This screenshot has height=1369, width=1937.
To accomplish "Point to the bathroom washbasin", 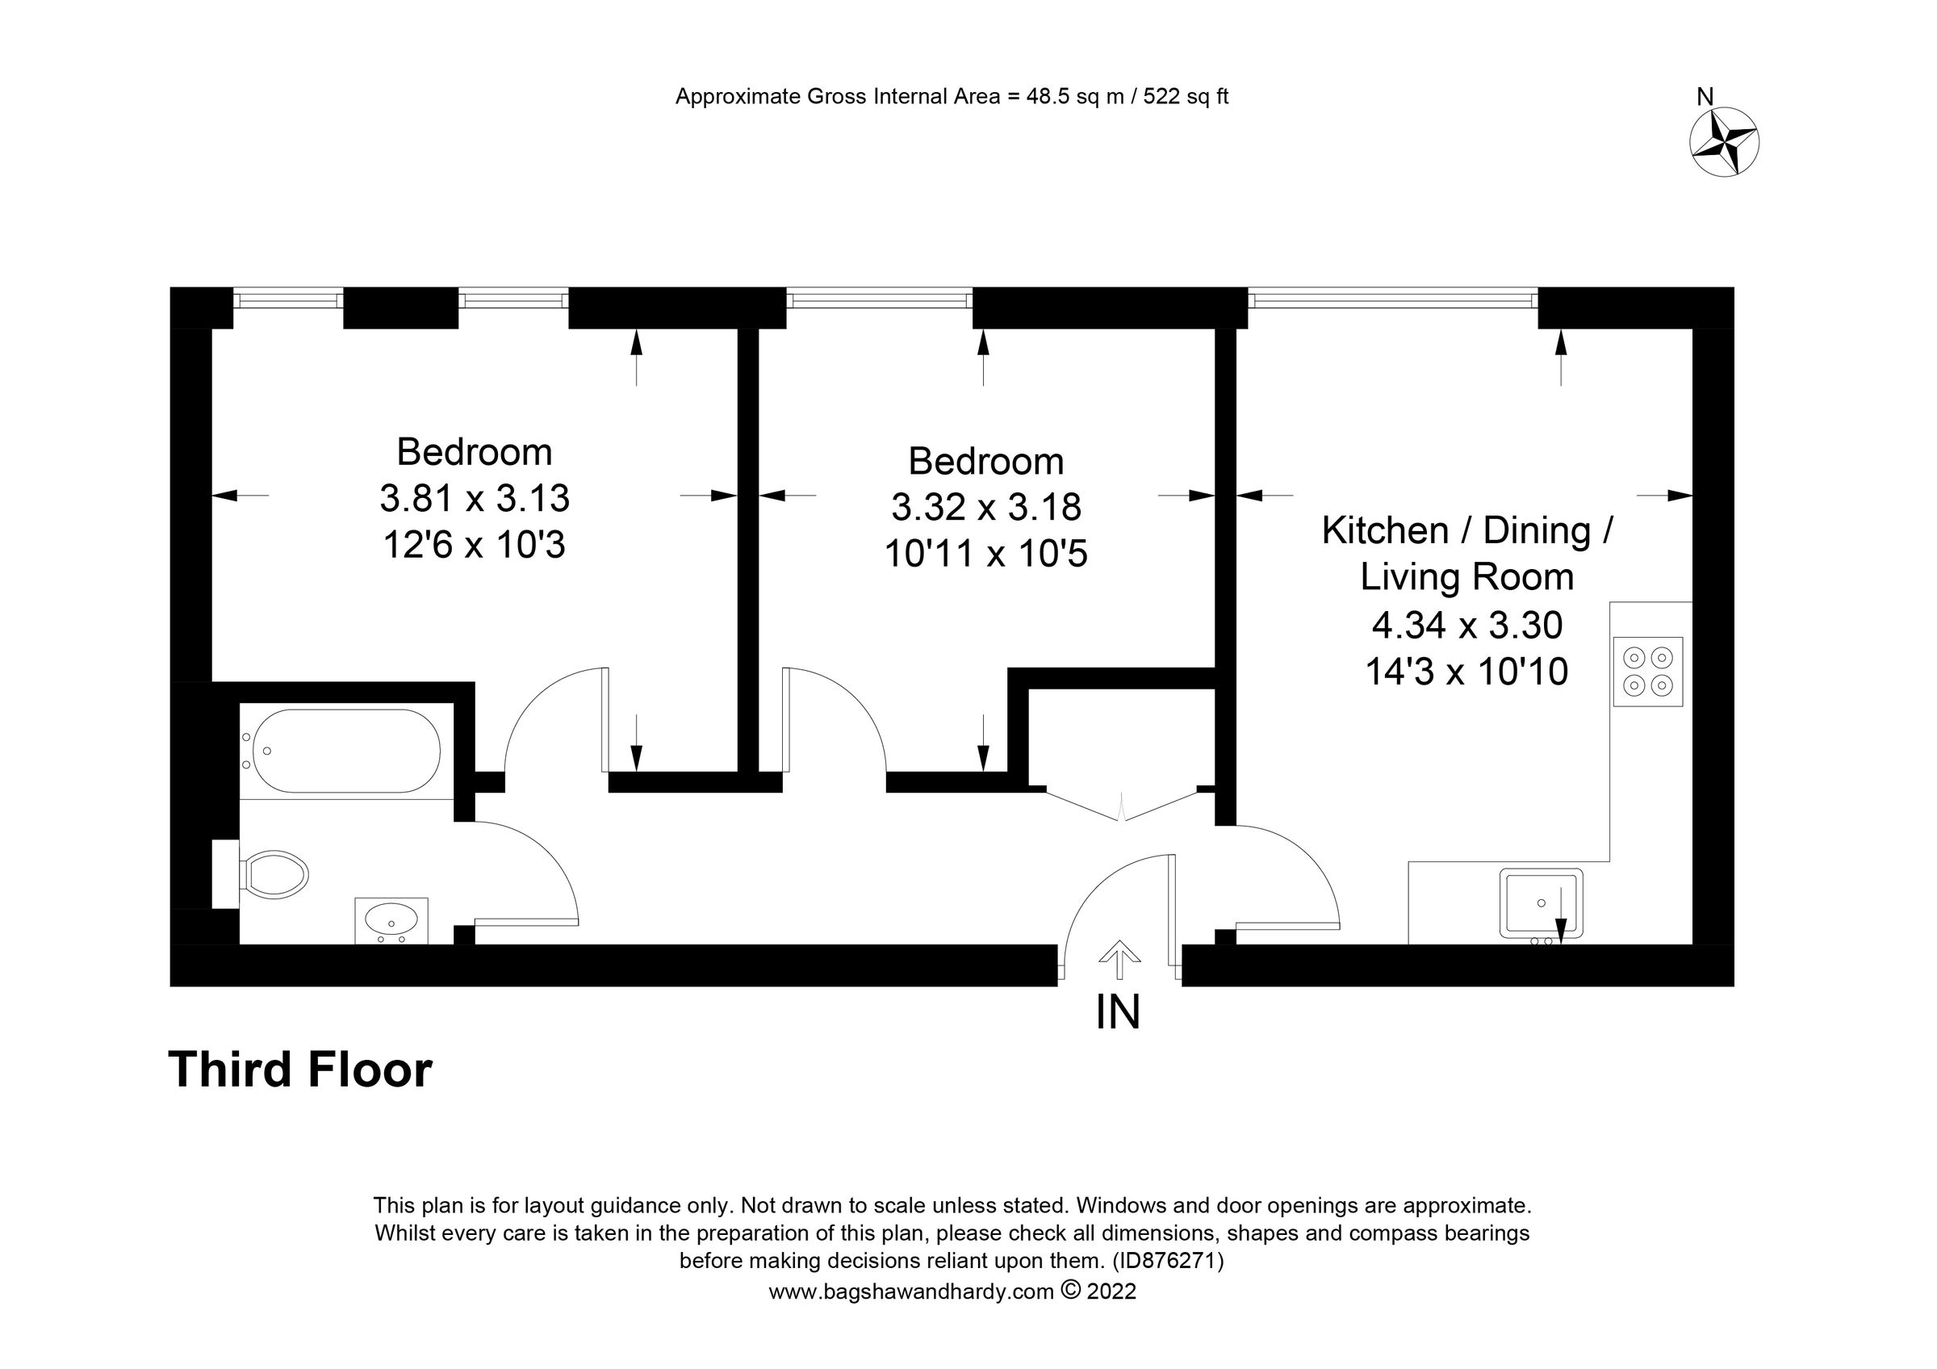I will [391, 919].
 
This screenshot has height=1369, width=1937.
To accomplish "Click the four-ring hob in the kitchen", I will [1647, 672].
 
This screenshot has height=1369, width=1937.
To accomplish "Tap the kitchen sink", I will [1541, 903].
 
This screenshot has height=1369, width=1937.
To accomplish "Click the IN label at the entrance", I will [1118, 1012].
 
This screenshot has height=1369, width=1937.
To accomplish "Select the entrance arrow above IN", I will [1119, 960].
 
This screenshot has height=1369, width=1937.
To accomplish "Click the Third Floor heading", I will [300, 1070].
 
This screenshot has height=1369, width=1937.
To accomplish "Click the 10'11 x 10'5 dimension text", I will [985, 555].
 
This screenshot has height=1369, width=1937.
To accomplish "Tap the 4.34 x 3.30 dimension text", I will [1467, 625].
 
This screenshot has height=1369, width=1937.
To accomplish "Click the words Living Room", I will [1467, 578].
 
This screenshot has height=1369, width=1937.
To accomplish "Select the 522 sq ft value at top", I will [1186, 97].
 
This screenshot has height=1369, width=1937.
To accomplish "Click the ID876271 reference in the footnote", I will [1168, 1261].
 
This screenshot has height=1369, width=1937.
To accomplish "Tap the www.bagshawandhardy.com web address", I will [910, 1292].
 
